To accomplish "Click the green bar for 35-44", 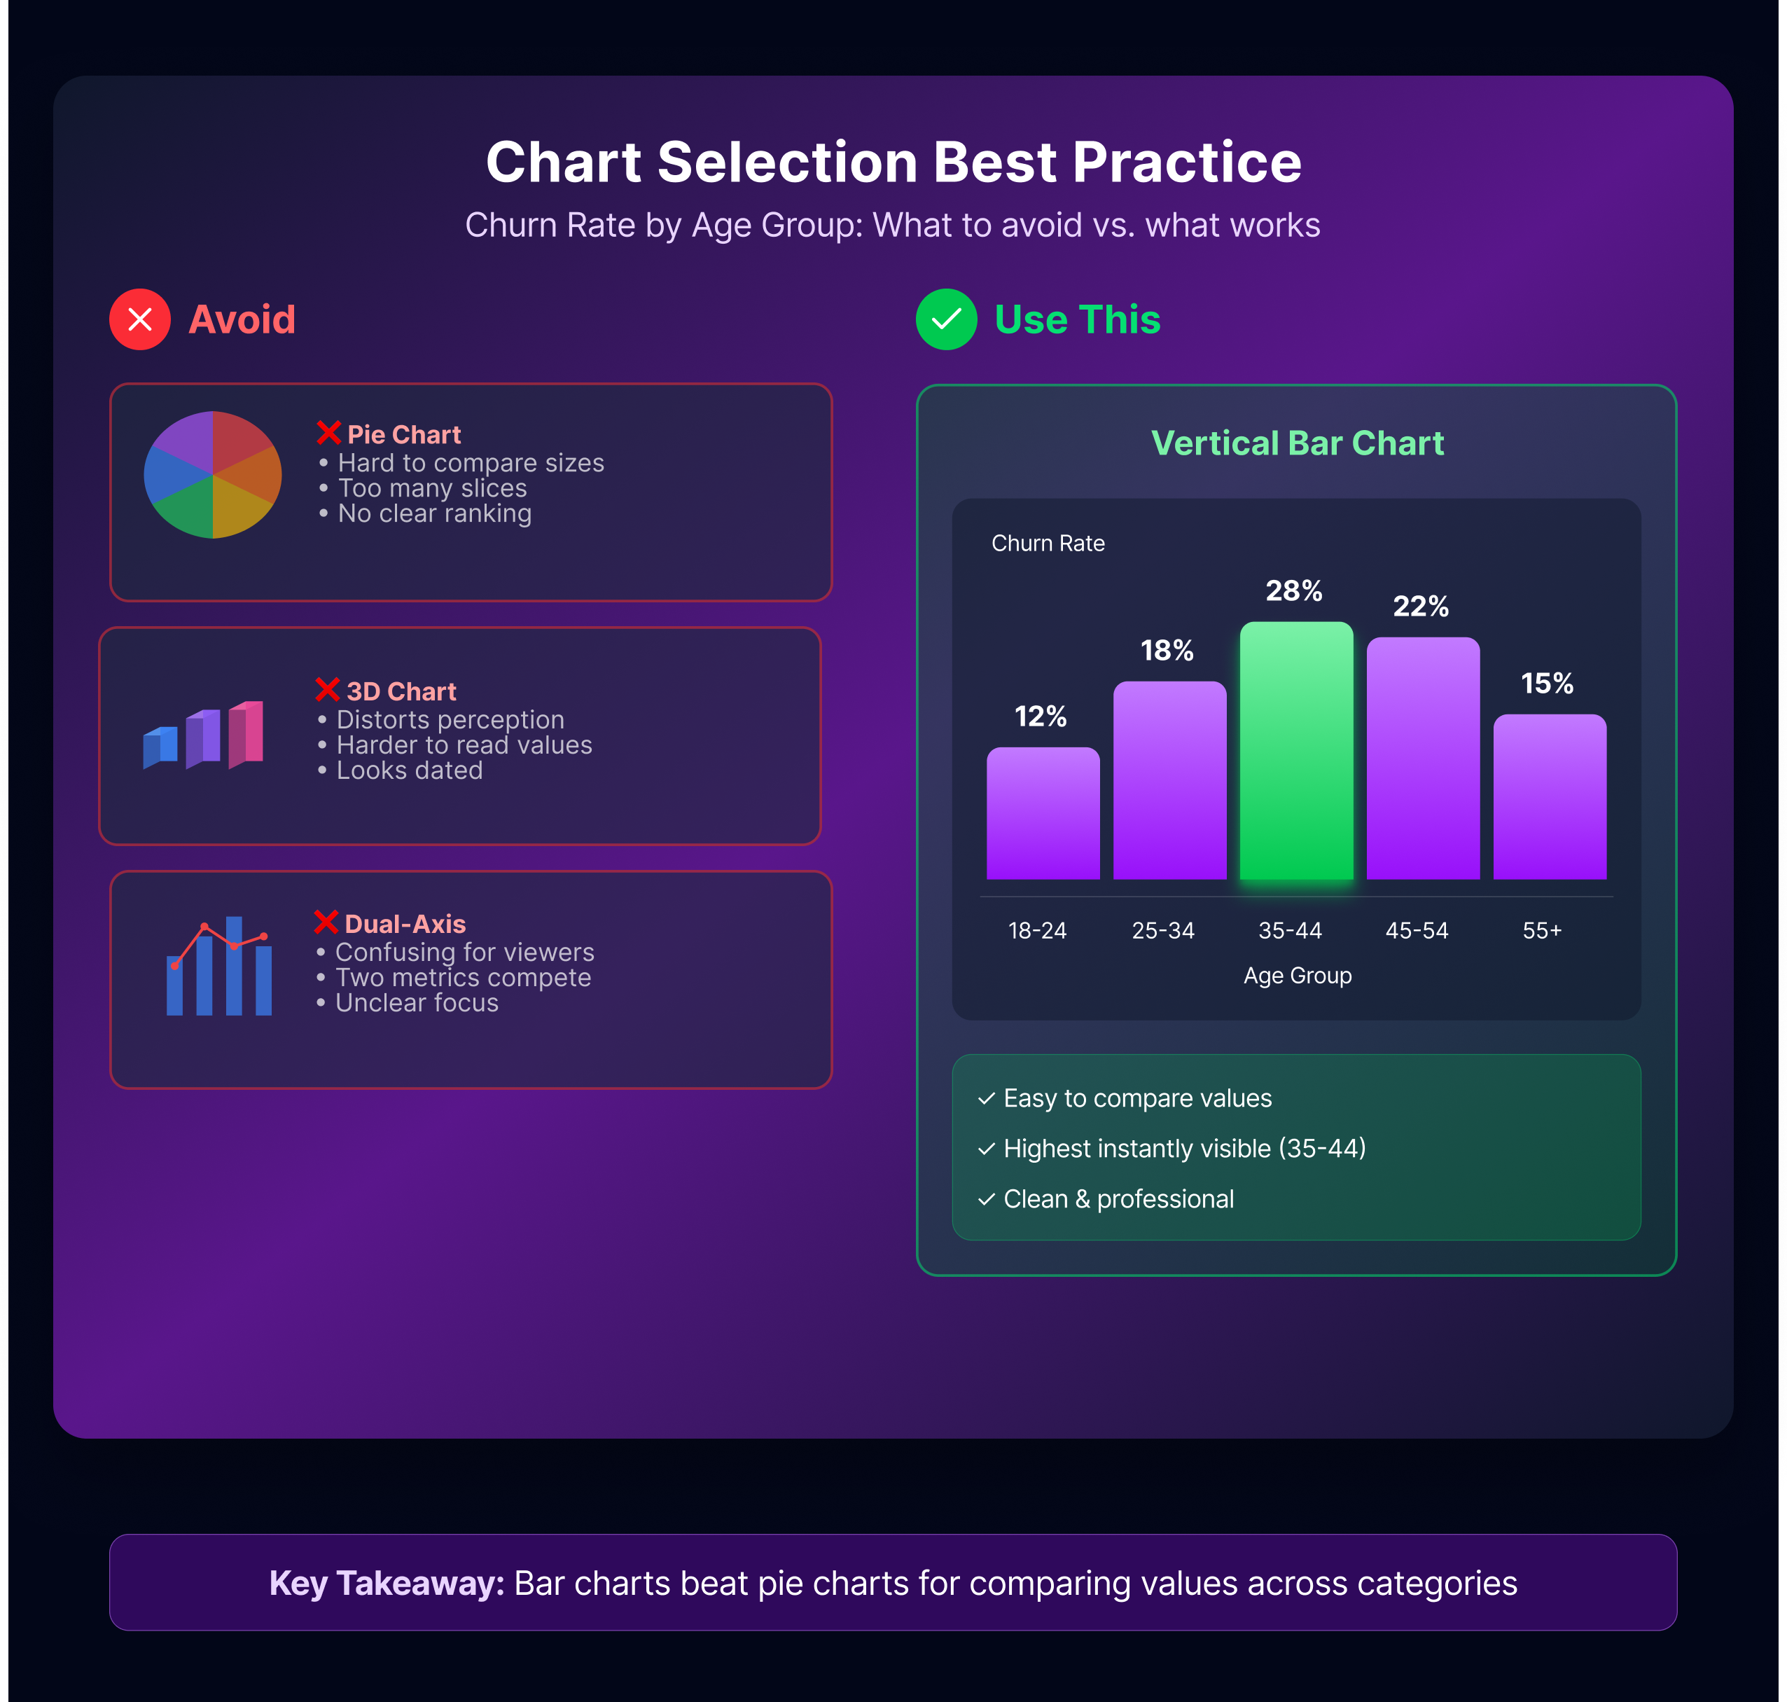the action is click(1296, 750).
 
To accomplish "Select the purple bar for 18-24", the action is click(1043, 813).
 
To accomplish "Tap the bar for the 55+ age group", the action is click(1550, 796).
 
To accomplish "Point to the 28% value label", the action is click(1295, 590).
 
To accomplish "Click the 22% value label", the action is click(1421, 606).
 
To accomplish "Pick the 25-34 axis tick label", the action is click(1163, 930).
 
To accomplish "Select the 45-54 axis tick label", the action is click(1417, 930).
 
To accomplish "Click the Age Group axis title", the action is click(1297, 975).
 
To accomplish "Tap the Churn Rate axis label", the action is click(1048, 543).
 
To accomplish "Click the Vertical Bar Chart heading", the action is click(1297, 443).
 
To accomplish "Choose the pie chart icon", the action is click(213, 474).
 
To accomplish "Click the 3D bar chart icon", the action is click(203, 735).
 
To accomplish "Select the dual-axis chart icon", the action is click(218, 965).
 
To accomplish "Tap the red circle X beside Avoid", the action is click(139, 319).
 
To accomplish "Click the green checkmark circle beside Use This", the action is click(946, 319).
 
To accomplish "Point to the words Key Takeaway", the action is click(387, 1583).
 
